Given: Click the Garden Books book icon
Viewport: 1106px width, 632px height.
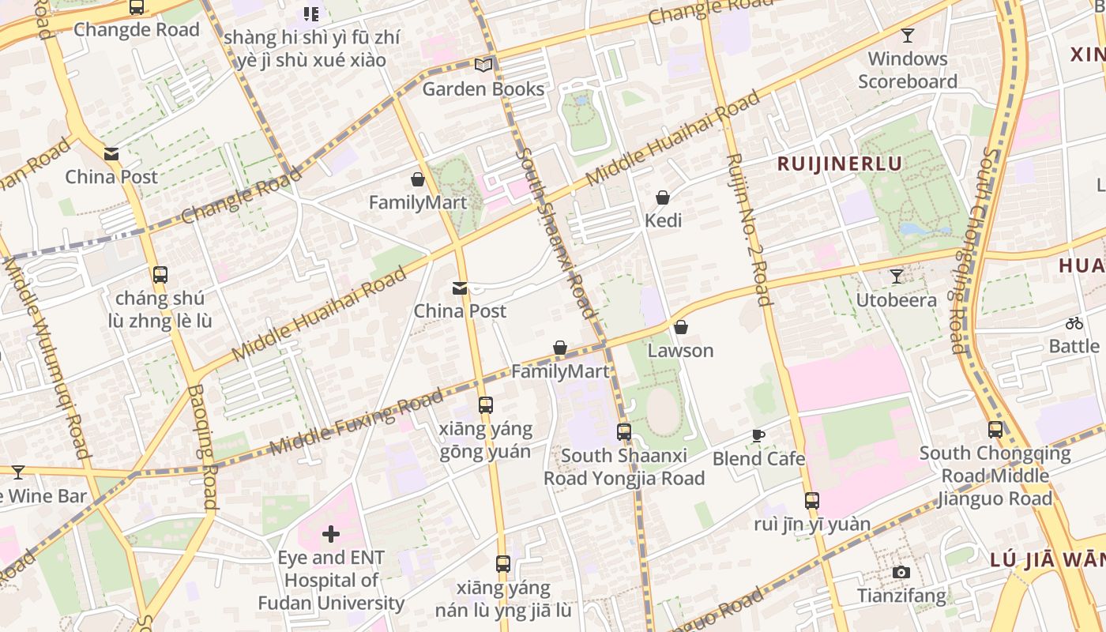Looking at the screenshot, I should pos(483,66).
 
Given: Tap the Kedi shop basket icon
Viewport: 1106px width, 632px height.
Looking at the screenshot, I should pos(663,197).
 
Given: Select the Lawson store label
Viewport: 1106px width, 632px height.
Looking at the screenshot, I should pos(680,350).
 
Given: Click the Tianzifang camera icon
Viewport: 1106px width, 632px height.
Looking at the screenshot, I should pos(901,572).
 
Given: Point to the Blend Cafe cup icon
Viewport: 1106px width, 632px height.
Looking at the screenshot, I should pos(758,435).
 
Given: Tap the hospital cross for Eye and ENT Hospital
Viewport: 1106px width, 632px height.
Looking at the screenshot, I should pos(331,535).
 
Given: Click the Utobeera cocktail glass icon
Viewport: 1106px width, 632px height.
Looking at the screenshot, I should pos(896,276).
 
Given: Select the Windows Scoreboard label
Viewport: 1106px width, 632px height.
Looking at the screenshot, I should pos(908,70).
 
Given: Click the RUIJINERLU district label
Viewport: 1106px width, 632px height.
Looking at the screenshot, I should pos(840,164).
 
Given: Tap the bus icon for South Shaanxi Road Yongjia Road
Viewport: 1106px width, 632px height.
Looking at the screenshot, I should pos(624,432).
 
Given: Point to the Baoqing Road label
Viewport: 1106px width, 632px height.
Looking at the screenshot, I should pos(202,446).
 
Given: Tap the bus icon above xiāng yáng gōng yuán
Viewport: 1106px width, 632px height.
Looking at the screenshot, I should pos(486,405).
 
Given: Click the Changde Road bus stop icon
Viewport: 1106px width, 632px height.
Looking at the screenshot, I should pos(137,7).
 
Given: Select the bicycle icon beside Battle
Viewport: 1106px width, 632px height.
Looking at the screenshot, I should pos(1074,322).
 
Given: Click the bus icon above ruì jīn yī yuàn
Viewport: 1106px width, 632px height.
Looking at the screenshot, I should pos(811,500).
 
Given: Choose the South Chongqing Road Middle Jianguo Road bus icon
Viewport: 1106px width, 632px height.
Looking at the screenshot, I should pos(995,430).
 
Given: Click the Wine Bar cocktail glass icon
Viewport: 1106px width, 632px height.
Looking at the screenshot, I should pos(18,472).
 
